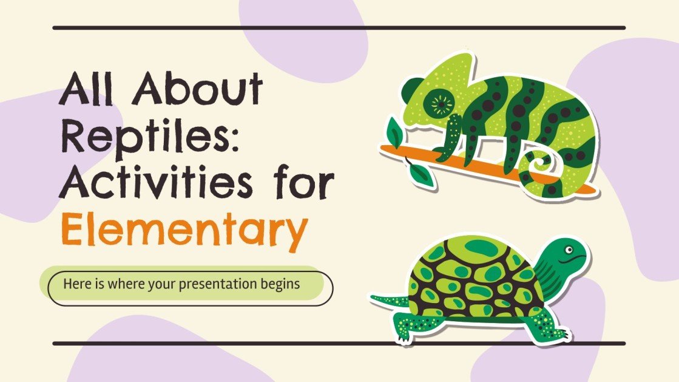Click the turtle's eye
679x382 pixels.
point(569,250)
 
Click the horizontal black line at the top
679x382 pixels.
point(339,28)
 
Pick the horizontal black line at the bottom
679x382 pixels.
point(339,344)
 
